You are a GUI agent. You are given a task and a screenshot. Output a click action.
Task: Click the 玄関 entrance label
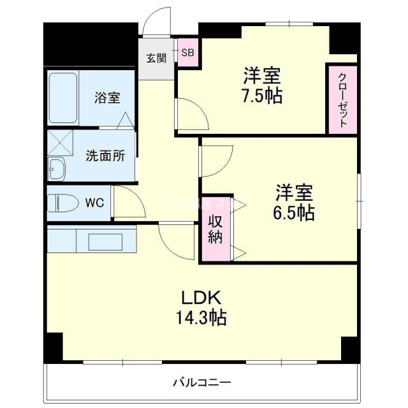point(156,58)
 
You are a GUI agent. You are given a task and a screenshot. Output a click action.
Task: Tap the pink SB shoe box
point(188,54)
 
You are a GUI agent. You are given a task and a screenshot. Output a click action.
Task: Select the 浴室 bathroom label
point(107,98)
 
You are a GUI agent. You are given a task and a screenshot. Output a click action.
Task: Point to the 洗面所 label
point(105,156)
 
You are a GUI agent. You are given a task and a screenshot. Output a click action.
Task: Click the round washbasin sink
point(55,170)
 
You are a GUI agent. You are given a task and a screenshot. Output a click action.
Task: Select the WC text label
point(94,203)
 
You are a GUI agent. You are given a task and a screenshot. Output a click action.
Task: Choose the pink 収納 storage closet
point(215,228)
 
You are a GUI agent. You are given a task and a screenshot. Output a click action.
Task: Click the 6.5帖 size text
point(293,212)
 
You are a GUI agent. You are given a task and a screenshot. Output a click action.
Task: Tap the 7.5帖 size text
point(262,96)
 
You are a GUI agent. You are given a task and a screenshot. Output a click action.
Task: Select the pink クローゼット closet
point(342,99)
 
